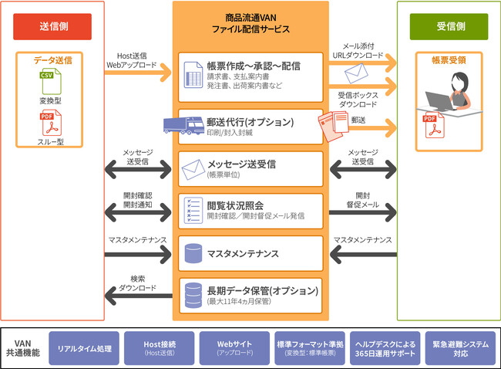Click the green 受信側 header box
[447, 26]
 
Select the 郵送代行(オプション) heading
[250, 122]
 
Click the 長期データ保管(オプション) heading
[262, 290]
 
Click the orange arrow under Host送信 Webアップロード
[139, 76]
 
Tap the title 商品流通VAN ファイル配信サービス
[250, 22]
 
